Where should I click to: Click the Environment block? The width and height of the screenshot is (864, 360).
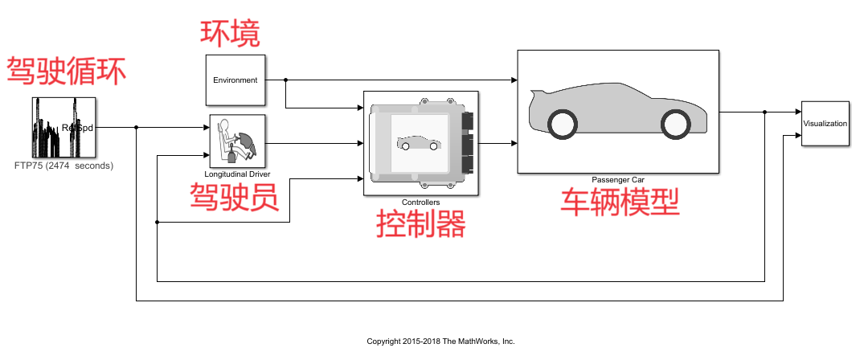[235, 80]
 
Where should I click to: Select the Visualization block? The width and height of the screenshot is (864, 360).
[825, 124]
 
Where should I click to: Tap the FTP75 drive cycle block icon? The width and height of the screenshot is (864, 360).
[64, 127]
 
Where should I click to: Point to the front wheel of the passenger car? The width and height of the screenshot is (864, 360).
[675, 123]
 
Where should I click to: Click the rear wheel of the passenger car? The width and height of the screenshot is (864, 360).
[562, 123]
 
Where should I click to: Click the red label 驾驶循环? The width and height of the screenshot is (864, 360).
[67, 71]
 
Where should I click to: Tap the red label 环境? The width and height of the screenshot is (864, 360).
[230, 33]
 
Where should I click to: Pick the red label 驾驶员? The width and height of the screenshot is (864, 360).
[234, 196]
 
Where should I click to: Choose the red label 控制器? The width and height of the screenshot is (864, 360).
[421, 224]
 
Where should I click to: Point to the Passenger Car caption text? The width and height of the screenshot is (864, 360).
[618, 179]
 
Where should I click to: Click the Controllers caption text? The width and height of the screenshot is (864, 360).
[421, 202]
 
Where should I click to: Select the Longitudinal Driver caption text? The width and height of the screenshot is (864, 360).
[237, 174]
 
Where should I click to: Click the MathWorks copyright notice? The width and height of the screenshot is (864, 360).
[440, 342]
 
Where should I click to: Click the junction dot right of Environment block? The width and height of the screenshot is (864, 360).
[286, 80]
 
